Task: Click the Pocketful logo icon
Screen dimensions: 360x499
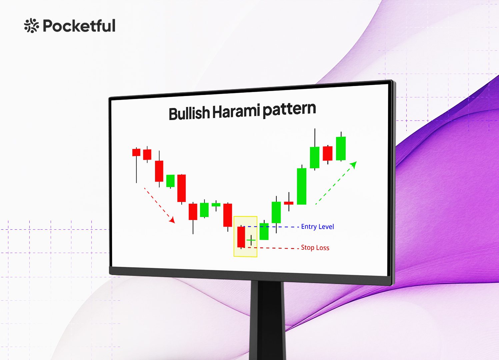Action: [x=32, y=26]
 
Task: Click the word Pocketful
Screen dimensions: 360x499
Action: [x=79, y=26]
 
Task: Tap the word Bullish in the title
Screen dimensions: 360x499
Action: [x=189, y=113]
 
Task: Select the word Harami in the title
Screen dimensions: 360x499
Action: [x=236, y=111]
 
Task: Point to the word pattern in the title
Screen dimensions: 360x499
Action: [x=289, y=109]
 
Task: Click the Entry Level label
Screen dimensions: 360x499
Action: [x=317, y=227]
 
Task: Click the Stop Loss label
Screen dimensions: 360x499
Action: [x=315, y=248]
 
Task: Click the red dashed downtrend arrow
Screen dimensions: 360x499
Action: [x=159, y=205]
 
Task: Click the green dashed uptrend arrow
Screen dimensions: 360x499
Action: [x=336, y=183]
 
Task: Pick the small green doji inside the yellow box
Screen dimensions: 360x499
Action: [x=251, y=240]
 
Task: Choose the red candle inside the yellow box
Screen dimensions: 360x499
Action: [x=241, y=237]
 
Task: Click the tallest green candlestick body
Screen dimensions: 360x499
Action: [x=302, y=186]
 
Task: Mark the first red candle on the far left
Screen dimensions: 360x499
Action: [x=136, y=152]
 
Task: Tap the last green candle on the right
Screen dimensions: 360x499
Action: [x=341, y=148]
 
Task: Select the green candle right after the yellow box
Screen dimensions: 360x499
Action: [x=264, y=231]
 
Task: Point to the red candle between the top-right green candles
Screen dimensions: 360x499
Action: [x=328, y=153]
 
